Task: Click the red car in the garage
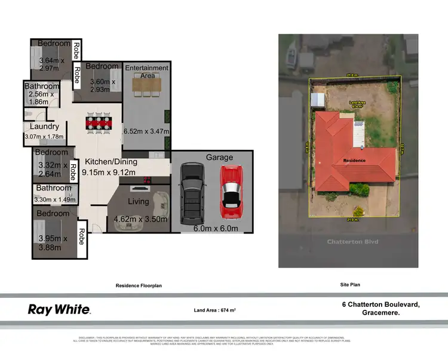(231, 191)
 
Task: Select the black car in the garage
(192, 191)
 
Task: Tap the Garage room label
(219, 158)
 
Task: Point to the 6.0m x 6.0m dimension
(214, 229)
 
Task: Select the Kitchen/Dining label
(111, 162)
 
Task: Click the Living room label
(138, 202)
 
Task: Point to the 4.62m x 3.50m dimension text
(141, 220)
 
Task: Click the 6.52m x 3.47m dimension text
(146, 131)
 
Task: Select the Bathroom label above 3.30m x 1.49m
(54, 188)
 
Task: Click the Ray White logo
(59, 309)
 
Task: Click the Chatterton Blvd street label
(347, 242)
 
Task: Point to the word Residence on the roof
(354, 161)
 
